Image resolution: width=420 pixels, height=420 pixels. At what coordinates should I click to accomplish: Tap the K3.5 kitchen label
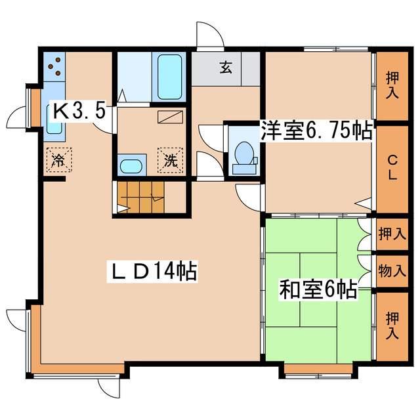79,110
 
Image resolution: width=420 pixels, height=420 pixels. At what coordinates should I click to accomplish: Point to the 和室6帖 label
318,289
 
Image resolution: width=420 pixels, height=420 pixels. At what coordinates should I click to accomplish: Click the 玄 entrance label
225,66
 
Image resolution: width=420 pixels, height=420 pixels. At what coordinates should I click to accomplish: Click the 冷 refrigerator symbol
58,159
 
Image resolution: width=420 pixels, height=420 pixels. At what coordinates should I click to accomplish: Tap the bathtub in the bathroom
171,77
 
